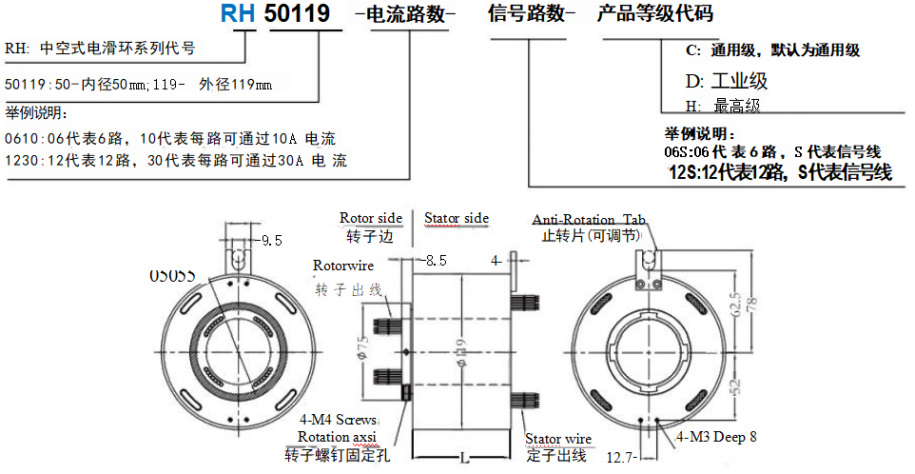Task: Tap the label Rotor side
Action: [371, 218]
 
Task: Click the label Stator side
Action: [457, 218]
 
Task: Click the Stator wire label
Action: [558, 439]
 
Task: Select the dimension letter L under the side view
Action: [464, 458]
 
